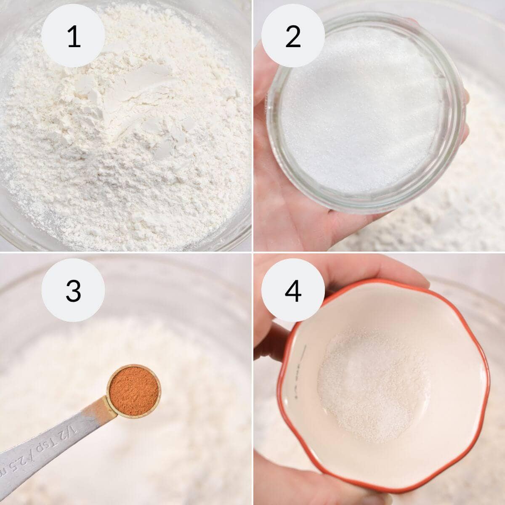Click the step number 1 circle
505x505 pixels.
73,37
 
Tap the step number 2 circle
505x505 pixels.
293,37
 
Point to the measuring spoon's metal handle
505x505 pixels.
50,438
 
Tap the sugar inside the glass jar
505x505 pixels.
362,118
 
